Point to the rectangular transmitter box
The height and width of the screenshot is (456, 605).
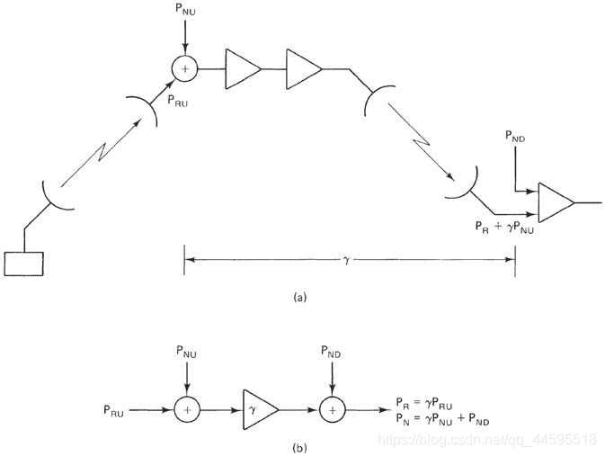23,263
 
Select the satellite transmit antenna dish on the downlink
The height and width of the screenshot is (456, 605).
376,102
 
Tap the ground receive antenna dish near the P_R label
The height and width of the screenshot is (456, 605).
461,183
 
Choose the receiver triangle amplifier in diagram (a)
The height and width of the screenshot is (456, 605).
555,202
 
